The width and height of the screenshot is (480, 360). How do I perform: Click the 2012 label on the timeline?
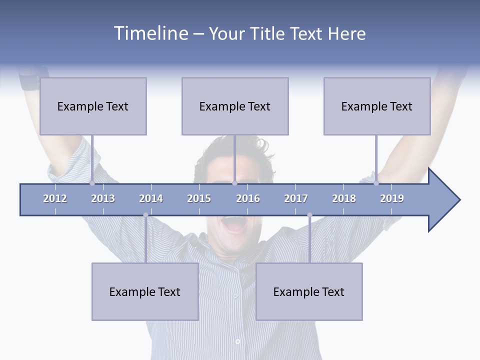click(x=55, y=198)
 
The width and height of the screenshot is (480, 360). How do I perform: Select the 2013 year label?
click(x=103, y=198)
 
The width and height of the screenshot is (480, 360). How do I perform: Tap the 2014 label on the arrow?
click(x=151, y=198)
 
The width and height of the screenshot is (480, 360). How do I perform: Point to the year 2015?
click(x=199, y=198)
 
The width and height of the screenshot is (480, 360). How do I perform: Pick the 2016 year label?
click(x=248, y=198)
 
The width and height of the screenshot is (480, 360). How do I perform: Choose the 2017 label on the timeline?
click(x=296, y=198)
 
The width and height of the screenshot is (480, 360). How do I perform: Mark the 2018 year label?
click(x=344, y=198)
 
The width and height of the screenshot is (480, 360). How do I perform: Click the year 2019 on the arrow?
click(x=392, y=198)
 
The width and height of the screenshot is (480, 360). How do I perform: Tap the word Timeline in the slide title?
click(x=149, y=33)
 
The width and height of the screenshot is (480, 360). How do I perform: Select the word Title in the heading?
click(x=268, y=34)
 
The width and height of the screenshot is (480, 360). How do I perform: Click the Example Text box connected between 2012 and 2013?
click(x=93, y=106)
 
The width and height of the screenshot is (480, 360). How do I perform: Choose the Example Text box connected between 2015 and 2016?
click(x=235, y=106)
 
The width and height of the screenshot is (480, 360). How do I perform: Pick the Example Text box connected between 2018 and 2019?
click(x=377, y=106)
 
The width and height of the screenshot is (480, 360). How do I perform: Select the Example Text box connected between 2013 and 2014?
click(x=145, y=291)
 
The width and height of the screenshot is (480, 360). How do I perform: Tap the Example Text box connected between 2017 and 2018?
click(x=309, y=291)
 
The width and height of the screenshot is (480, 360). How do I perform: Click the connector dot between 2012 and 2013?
click(x=92, y=183)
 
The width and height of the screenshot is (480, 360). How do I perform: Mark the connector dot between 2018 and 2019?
click(x=376, y=183)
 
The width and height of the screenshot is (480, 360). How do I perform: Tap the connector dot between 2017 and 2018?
click(x=309, y=215)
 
